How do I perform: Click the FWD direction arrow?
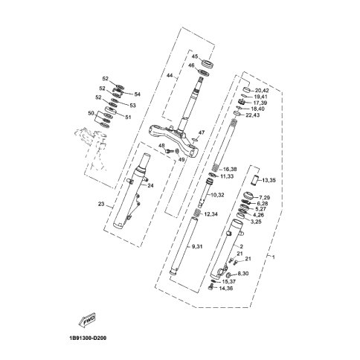pos(87,320)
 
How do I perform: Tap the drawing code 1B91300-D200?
pos(86,338)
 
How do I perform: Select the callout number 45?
pos(195,57)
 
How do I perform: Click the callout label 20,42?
pos(262,91)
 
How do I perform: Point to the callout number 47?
pos(202,132)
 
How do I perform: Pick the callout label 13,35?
pos(269,180)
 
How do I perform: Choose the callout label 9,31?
pos(198,246)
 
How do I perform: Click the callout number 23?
pos(101,204)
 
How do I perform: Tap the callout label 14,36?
pos(226,289)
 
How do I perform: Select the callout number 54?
pos(137,94)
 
